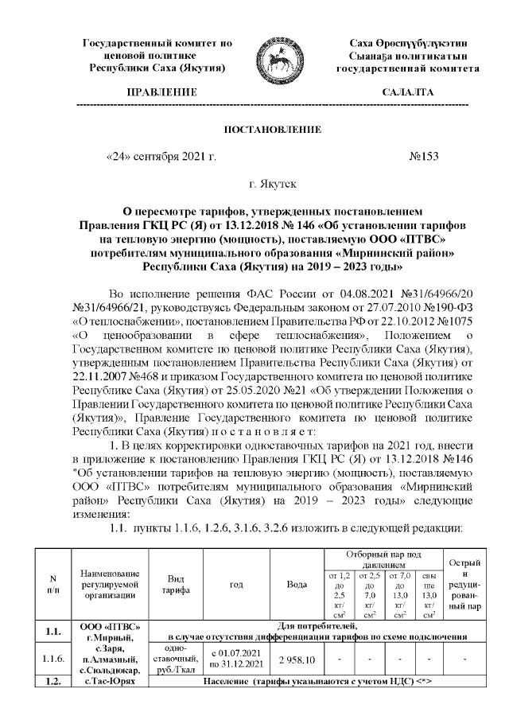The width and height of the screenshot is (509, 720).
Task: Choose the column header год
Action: coord(235,584)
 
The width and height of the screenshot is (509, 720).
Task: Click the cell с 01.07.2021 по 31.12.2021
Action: coord(235,660)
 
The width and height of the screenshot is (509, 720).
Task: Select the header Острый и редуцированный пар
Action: coord(464,584)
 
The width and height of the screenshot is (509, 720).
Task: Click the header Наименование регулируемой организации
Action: coord(106,584)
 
